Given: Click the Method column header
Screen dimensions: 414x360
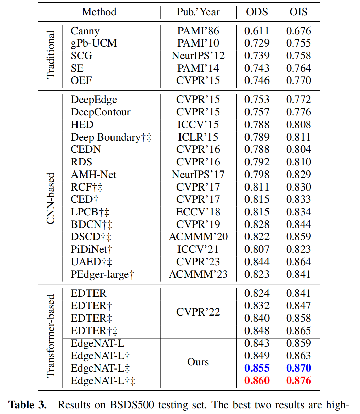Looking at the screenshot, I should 99,12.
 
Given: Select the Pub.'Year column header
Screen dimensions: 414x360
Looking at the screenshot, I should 198,12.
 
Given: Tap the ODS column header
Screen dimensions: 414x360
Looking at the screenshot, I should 257,12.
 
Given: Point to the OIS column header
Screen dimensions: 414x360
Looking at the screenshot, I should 298,12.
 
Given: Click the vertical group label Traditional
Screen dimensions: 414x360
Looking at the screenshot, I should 50,55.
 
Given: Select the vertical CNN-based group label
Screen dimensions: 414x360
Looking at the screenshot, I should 50,199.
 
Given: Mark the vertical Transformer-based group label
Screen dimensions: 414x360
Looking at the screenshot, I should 50,336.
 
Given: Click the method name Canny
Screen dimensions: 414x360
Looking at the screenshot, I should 85,31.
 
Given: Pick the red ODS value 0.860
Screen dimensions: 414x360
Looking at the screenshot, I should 257,381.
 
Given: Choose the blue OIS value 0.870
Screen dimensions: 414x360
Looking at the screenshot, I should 298,368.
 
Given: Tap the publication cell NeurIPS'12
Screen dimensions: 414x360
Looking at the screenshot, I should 198,56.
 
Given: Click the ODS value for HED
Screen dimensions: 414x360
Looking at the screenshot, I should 257,125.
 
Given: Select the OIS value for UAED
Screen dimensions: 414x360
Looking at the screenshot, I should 298,262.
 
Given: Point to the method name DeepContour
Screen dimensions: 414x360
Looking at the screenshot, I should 100,112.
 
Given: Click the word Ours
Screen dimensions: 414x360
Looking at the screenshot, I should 198,362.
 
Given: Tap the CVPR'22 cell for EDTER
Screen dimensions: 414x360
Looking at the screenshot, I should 198,312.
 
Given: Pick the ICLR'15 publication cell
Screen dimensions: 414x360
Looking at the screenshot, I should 198,137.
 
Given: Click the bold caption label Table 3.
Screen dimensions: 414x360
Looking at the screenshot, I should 28,405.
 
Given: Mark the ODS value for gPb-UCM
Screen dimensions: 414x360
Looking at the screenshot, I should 257,43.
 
